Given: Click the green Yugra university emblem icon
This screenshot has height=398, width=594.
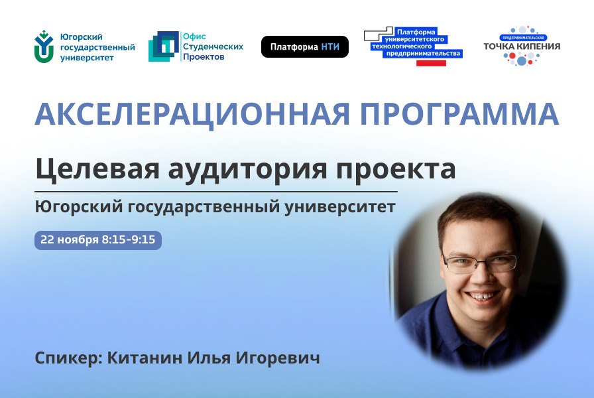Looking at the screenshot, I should point(44,46).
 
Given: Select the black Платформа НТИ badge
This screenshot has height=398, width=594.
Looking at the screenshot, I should point(304,46).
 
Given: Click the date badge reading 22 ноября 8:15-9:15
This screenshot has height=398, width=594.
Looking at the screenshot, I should point(97,239).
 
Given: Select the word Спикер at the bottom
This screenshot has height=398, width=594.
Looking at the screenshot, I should point(62,359).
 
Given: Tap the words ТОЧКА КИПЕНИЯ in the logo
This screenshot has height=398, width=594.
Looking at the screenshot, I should point(522,46).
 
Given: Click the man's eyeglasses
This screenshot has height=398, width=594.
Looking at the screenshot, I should point(479,263).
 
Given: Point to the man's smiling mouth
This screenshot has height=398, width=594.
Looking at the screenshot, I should point(482,296).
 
